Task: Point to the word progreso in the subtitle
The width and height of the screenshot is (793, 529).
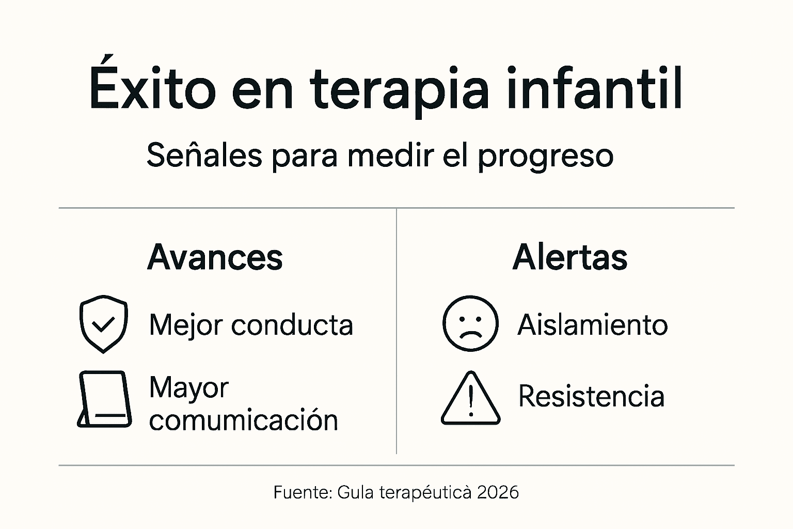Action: (x=545, y=156)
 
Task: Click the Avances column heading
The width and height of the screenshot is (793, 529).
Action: (x=215, y=257)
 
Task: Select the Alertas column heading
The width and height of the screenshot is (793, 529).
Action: (x=570, y=257)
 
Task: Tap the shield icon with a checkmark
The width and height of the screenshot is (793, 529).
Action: (x=103, y=324)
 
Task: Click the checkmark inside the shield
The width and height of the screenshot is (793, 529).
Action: (x=103, y=324)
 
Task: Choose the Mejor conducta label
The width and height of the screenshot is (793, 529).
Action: (x=251, y=325)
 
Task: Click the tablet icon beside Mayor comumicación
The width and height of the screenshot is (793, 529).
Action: (x=105, y=399)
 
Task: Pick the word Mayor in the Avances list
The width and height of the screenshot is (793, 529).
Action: (x=188, y=388)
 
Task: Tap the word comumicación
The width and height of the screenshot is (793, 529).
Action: (x=243, y=420)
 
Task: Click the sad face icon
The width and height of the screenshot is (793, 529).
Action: (x=470, y=324)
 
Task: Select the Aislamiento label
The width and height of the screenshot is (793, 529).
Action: (x=593, y=325)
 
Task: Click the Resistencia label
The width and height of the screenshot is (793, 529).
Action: (x=591, y=396)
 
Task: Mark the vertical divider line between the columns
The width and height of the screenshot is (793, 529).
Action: (x=396, y=331)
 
